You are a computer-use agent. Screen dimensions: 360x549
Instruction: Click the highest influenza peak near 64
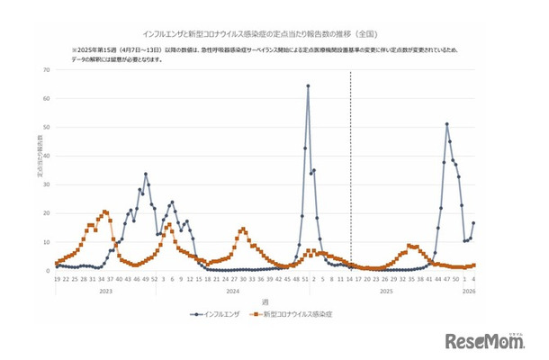click(308, 86)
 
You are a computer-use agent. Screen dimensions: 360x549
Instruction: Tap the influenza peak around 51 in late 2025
click(446, 124)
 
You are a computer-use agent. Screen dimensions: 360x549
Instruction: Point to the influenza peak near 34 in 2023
click(146, 174)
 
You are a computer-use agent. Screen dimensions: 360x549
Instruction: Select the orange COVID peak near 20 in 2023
click(105, 211)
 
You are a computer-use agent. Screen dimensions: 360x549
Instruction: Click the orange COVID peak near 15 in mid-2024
click(243, 229)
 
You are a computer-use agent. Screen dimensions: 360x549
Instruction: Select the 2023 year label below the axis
click(105, 291)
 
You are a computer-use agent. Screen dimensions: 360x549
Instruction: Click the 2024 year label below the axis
click(231, 291)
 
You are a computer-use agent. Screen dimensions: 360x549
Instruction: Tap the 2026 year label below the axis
click(468, 291)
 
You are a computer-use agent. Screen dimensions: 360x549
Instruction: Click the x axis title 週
click(265, 301)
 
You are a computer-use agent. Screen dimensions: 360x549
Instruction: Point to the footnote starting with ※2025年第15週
click(270, 52)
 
